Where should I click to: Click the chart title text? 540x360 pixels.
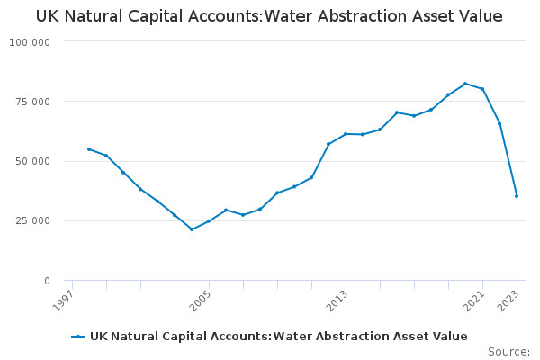point(269,17)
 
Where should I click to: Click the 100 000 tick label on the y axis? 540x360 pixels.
point(31,42)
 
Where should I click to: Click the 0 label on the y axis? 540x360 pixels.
point(47,281)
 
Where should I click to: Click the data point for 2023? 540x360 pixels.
point(517,195)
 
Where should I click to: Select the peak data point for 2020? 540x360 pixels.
point(465,84)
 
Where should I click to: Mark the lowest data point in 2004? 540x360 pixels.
point(192,229)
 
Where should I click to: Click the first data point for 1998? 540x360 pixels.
point(88,149)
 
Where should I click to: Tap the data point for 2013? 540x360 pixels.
point(346,134)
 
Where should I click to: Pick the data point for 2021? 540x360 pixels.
point(482,89)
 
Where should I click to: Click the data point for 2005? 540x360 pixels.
point(209,221)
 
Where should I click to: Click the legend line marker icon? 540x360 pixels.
point(79,337)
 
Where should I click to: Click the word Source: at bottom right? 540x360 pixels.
point(508,351)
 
